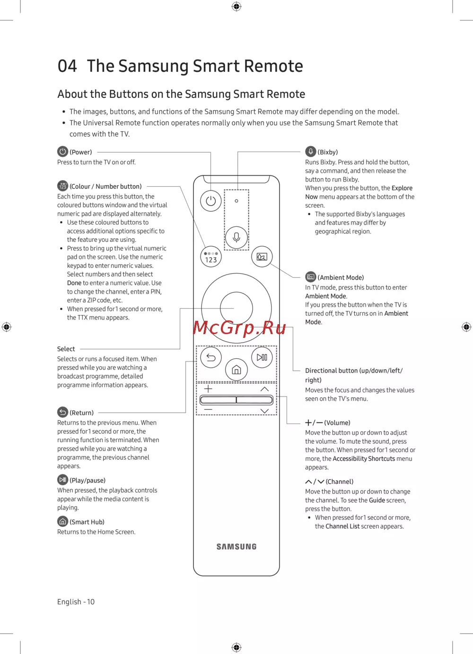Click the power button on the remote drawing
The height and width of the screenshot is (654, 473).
(x=211, y=201)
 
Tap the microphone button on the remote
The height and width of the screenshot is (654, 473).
(x=236, y=237)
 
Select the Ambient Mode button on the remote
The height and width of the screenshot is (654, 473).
(x=262, y=257)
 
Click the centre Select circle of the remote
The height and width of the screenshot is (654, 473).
(x=236, y=308)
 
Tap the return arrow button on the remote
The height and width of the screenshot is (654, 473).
(x=211, y=357)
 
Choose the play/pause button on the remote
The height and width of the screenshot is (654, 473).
(x=262, y=357)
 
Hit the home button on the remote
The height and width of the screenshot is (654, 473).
(x=236, y=370)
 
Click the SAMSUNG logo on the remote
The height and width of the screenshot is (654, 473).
(x=236, y=547)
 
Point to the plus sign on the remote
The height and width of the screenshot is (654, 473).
(x=208, y=389)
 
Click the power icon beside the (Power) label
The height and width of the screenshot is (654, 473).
(x=63, y=152)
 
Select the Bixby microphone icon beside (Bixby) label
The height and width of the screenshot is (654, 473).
(x=311, y=151)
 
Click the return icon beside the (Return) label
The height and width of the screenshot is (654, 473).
(x=63, y=412)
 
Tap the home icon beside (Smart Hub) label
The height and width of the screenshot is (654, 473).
(x=63, y=521)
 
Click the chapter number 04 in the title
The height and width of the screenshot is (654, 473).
(x=67, y=66)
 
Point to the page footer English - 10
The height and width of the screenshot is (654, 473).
(x=76, y=602)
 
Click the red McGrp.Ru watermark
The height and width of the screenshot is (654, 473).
(x=239, y=327)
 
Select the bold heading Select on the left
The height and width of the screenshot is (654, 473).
(x=66, y=349)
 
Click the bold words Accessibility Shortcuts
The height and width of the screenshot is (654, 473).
(x=364, y=458)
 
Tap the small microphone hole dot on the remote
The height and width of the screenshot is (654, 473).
(x=236, y=201)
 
